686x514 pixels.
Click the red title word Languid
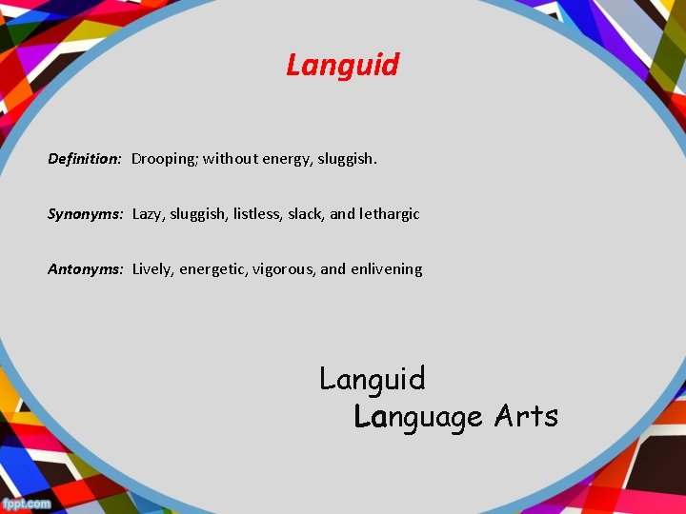pos(342,66)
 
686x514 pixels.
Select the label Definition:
pos(85,159)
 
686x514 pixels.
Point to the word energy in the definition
pos(285,159)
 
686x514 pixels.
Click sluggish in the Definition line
pos(347,159)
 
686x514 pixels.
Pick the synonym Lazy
pos(148,214)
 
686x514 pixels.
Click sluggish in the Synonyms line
pos(198,214)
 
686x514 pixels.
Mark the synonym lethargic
pos(390,214)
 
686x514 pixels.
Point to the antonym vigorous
pos(284,269)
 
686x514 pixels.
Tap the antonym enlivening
pos(386,269)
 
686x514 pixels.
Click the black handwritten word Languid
pos(373,380)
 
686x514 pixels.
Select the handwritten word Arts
pos(526,416)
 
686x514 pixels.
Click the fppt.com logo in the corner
pos(26,503)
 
